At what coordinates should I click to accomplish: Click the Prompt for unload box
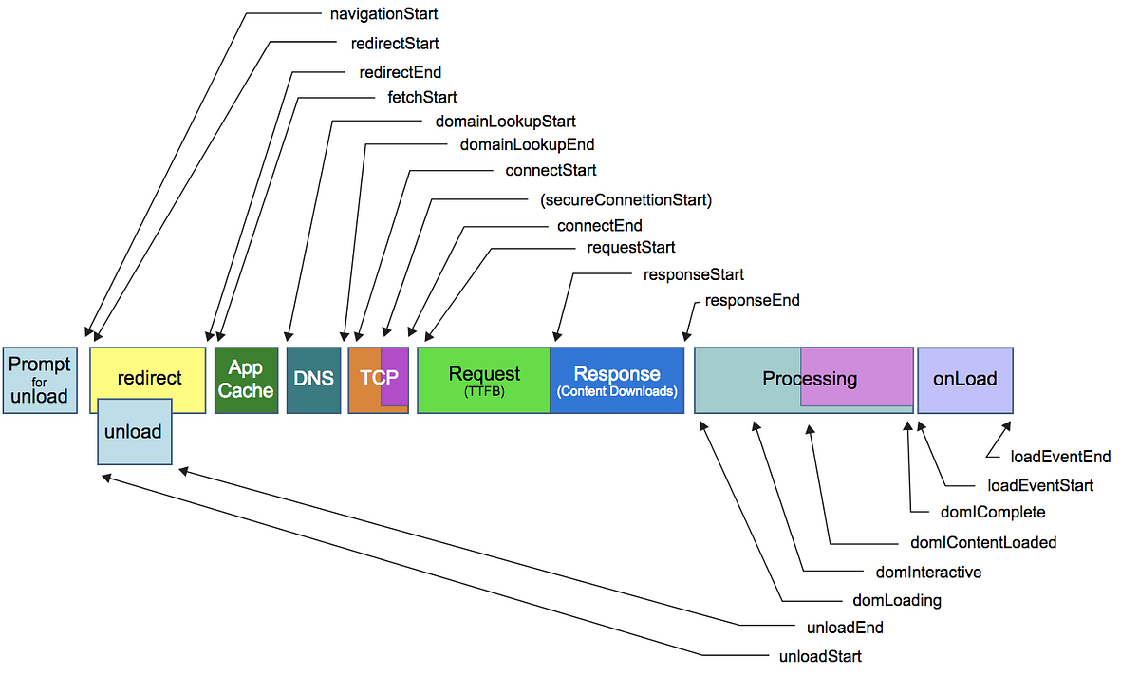click(x=40, y=380)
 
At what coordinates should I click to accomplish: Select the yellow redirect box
click(x=148, y=380)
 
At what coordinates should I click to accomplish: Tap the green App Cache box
click(x=247, y=380)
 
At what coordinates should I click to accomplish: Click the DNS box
click(x=314, y=380)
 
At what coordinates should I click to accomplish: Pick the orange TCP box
click(x=379, y=380)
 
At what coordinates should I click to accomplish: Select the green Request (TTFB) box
click(x=483, y=380)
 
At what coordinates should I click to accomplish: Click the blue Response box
click(x=617, y=380)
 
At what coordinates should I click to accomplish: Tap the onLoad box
click(x=965, y=380)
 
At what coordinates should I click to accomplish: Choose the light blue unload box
click(x=135, y=431)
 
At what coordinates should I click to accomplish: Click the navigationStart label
click(x=383, y=13)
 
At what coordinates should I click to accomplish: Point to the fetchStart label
click(x=422, y=97)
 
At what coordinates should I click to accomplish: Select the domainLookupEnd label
click(x=527, y=144)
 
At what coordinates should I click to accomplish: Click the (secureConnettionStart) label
click(x=626, y=200)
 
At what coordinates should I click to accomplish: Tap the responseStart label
click(x=694, y=274)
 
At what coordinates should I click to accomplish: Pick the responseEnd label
click(x=752, y=300)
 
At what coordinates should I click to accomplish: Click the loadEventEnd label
click(x=1060, y=457)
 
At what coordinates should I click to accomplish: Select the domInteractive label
click(x=928, y=572)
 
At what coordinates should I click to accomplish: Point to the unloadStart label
click(x=820, y=656)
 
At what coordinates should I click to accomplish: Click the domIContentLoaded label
click(x=983, y=542)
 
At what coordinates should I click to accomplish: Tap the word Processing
click(x=810, y=379)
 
